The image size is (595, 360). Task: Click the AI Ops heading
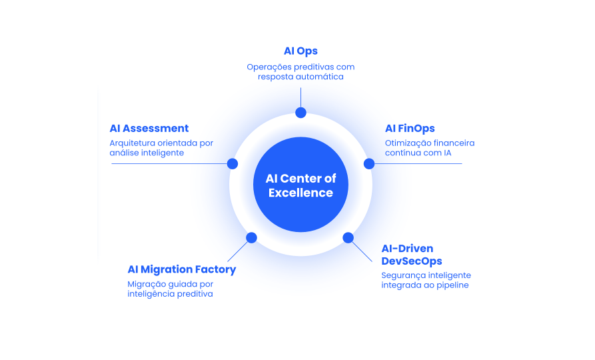coord(300,51)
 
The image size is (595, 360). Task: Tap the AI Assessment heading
coord(149,129)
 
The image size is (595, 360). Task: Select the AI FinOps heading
coord(410,129)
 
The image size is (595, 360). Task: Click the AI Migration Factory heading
coord(182,269)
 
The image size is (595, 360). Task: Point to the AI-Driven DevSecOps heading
coord(412,255)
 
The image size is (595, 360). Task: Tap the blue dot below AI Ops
coord(300,113)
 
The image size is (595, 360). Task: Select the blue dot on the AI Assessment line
coord(233,163)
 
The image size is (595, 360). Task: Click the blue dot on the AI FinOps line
coord(369,163)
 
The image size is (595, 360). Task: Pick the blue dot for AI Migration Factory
coord(251,237)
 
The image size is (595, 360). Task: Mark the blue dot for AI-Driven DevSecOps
coord(348,237)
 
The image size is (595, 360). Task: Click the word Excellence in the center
coord(300,193)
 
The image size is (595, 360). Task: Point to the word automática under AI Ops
coord(320,77)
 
